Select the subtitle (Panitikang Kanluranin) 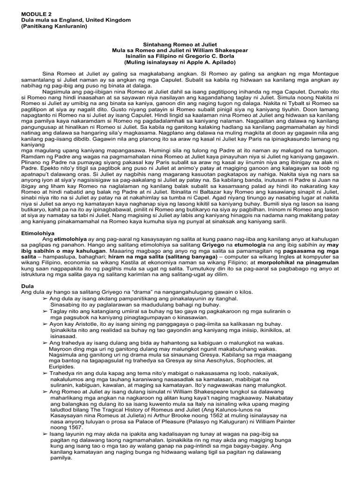[x=54, y=26]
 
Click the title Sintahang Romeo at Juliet [x=180, y=44]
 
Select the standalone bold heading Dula [x=29, y=285]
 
